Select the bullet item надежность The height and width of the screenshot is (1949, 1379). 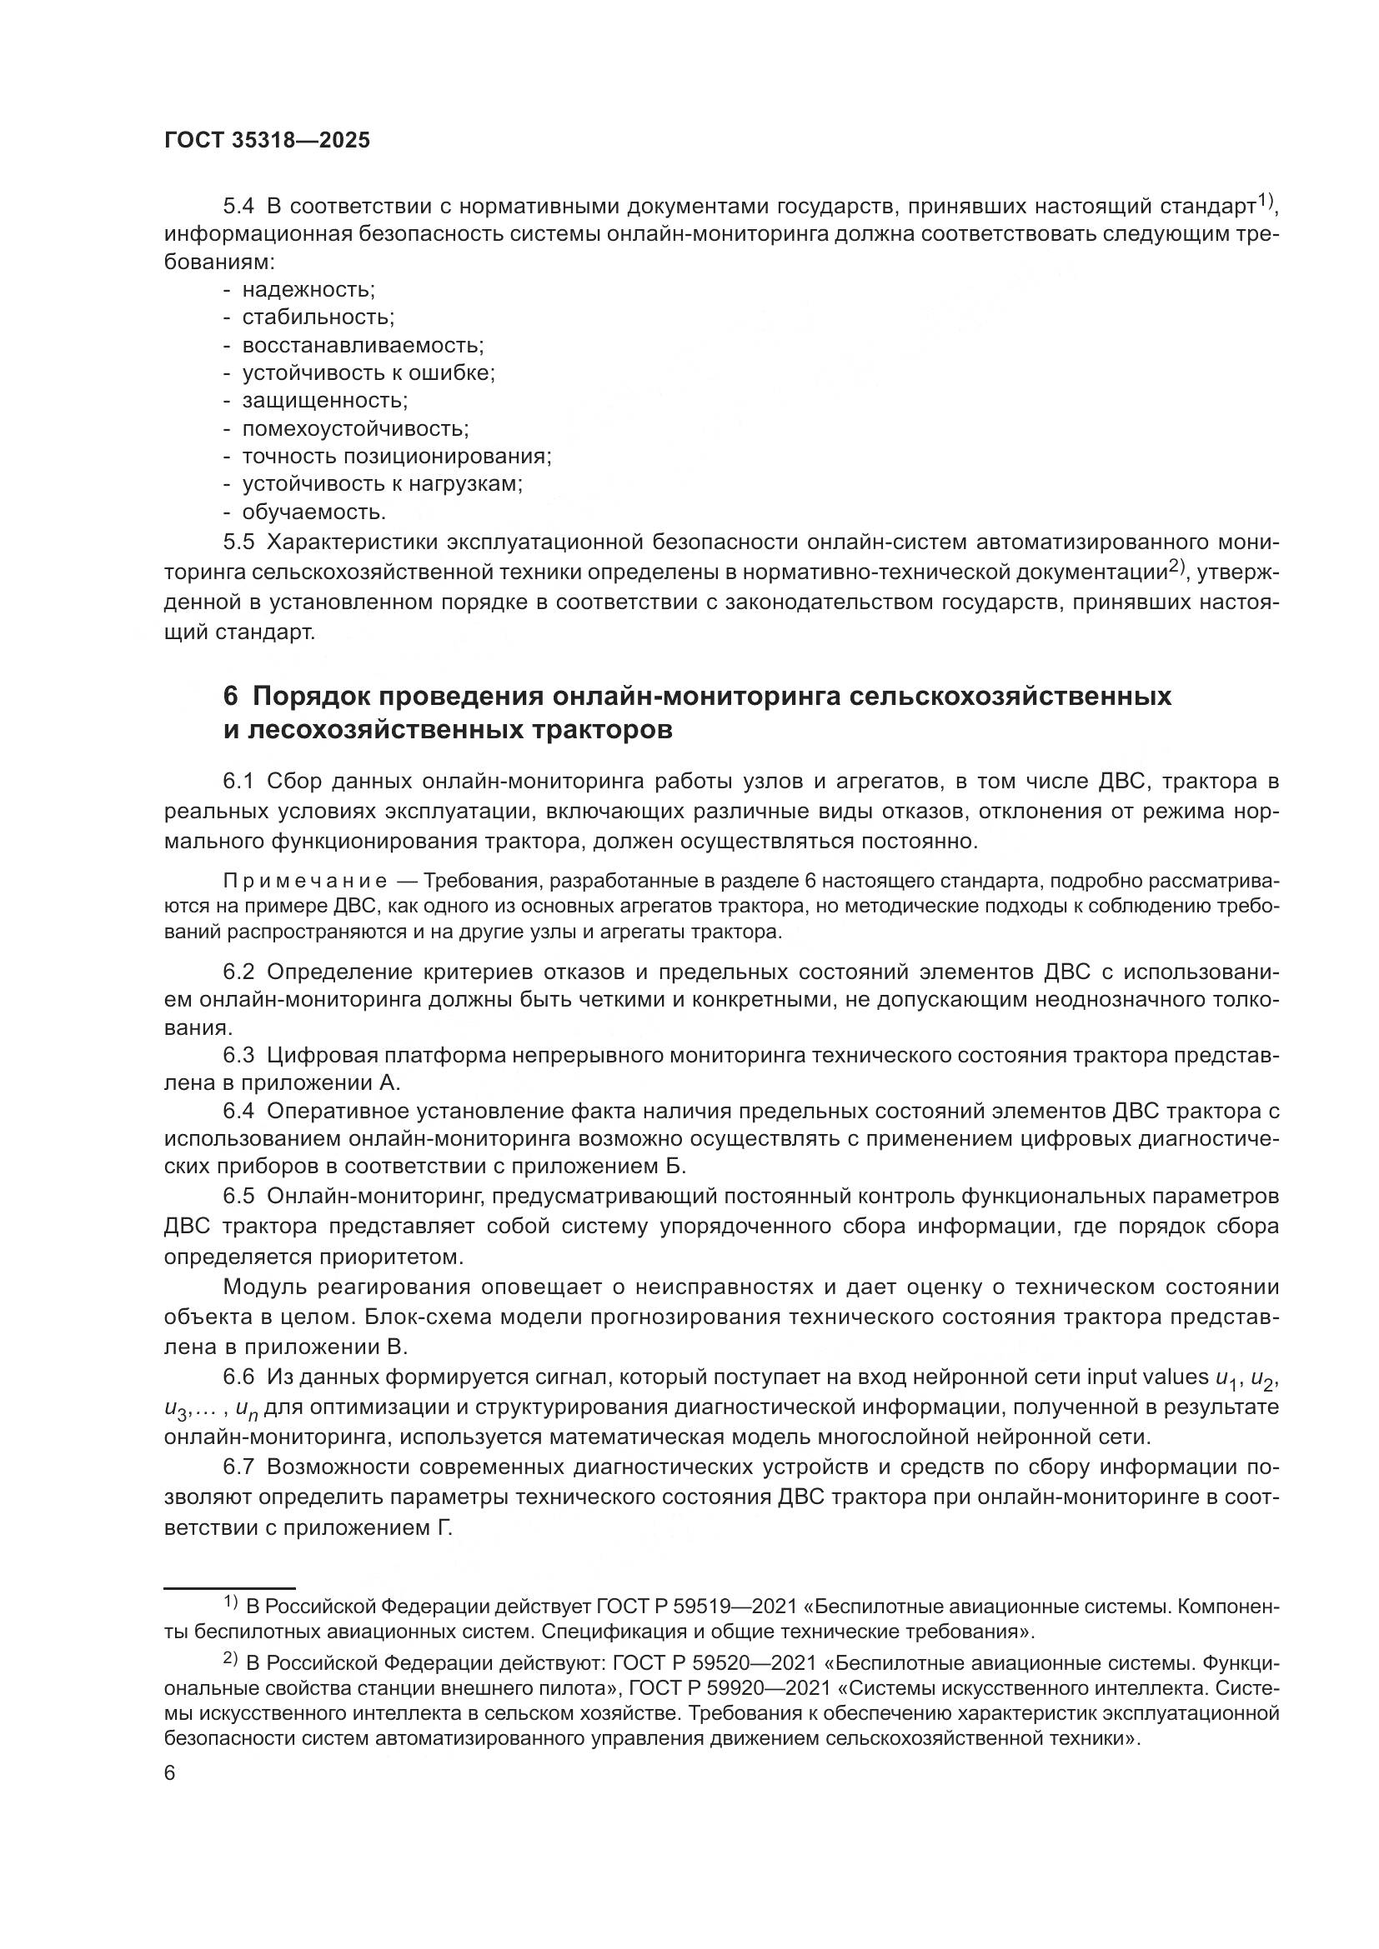[308, 289]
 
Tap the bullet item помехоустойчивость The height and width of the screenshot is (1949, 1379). [355, 428]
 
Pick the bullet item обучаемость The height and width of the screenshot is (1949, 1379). [313, 512]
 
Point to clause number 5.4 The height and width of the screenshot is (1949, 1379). [238, 207]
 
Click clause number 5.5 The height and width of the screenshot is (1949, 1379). [238, 542]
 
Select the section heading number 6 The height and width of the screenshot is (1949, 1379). [231, 696]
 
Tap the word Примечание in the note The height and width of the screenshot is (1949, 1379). [306, 879]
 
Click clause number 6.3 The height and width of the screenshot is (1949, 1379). [238, 1055]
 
